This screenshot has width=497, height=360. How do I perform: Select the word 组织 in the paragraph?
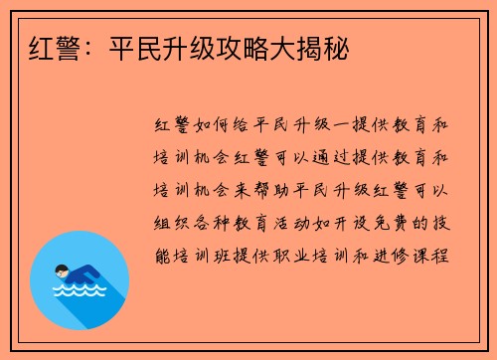(x=167, y=221)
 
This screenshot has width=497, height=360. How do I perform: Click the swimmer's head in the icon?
(x=62, y=269)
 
